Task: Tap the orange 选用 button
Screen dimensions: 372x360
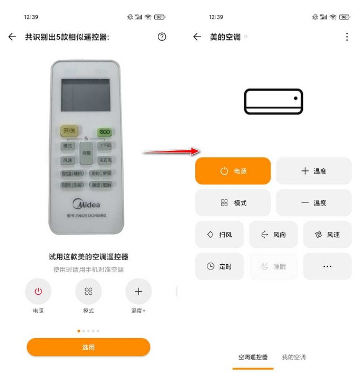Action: pos(88,347)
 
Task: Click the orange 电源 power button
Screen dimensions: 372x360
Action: pos(233,171)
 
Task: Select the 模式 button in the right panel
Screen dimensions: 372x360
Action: pos(233,203)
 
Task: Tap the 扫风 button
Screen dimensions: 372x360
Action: pos(219,235)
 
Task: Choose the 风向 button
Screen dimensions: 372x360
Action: pos(273,235)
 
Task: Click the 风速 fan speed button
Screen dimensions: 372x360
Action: pos(327,235)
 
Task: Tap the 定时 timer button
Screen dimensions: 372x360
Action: pos(219,266)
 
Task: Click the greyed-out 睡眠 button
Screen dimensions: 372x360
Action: pos(273,266)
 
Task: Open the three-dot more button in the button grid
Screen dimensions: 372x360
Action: pos(327,266)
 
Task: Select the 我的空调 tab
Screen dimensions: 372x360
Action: pos(294,357)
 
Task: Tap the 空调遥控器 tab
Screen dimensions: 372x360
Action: pos(253,357)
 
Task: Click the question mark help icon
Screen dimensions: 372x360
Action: pos(162,37)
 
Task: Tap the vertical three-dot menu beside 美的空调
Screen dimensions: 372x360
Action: pos(347,37)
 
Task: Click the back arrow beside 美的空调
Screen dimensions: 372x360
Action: pos(197,37)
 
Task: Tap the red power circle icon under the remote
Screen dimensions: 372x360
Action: pos(38,292)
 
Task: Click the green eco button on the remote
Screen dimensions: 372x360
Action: pos(104,132)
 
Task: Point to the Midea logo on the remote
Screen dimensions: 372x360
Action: pos(86,204)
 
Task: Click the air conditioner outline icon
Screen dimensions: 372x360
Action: pos(274,101)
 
